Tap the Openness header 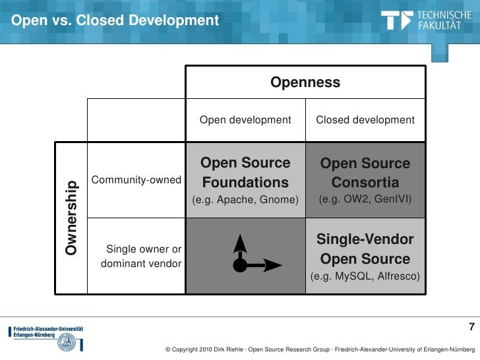(305, 82)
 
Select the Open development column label (245, 120)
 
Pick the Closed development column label (365, 120)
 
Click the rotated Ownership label (72, 216)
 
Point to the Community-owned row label (137, 180)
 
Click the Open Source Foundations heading (245, 173)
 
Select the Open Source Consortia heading (365, 173)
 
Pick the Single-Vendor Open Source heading (365, 249)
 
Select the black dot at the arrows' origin (240, 266)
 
